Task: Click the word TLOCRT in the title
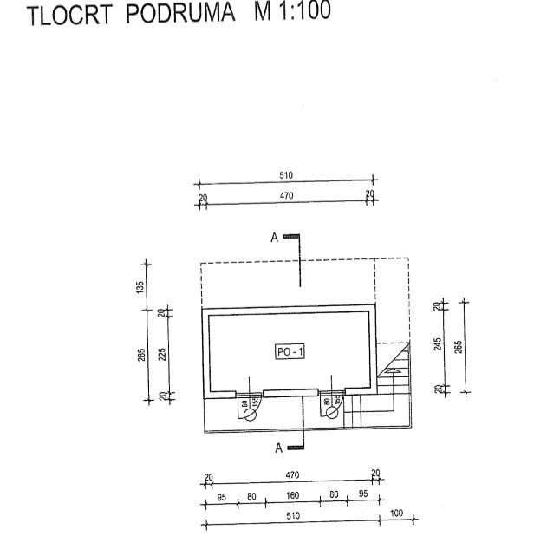coord(68,16)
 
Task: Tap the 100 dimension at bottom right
coord(397,514)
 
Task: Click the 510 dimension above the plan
coord(286,176)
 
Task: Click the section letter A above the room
coord(275,238)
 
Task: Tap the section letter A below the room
coord(278,448)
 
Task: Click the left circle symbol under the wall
coord(251,415)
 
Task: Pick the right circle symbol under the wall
coord(332,414)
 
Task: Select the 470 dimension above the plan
coord(286,196)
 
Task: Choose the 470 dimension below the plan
coord(292,475)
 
